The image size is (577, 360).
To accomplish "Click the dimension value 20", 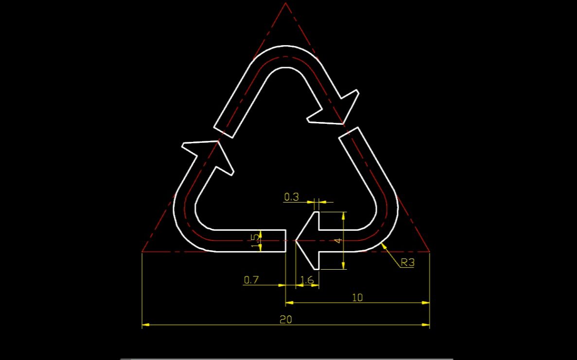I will pos(286,319).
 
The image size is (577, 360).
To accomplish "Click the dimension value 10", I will pos(357,297).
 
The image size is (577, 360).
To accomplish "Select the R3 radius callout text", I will pos(407,263).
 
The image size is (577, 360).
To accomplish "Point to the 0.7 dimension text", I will pos(251,280).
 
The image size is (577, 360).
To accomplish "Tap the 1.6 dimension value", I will pos(307,280).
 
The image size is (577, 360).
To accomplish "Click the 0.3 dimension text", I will pos(291,197).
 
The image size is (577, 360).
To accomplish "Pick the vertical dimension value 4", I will pos(339,240).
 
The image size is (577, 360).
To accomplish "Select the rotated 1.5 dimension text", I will pos(255,240).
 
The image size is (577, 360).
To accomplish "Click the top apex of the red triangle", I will pos(286,3).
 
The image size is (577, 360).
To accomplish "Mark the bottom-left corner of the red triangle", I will pos(142,252).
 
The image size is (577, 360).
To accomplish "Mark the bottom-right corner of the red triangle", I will pos(430,252).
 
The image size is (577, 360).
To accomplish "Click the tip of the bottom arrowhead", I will pos(296,240).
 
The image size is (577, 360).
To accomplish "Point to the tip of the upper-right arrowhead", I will pos(344,124).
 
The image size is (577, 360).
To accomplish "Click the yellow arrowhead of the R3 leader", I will pos(384,245).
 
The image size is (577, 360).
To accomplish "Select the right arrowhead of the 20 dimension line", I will pos(426,324).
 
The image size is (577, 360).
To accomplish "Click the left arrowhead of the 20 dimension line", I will pos(145,324).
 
